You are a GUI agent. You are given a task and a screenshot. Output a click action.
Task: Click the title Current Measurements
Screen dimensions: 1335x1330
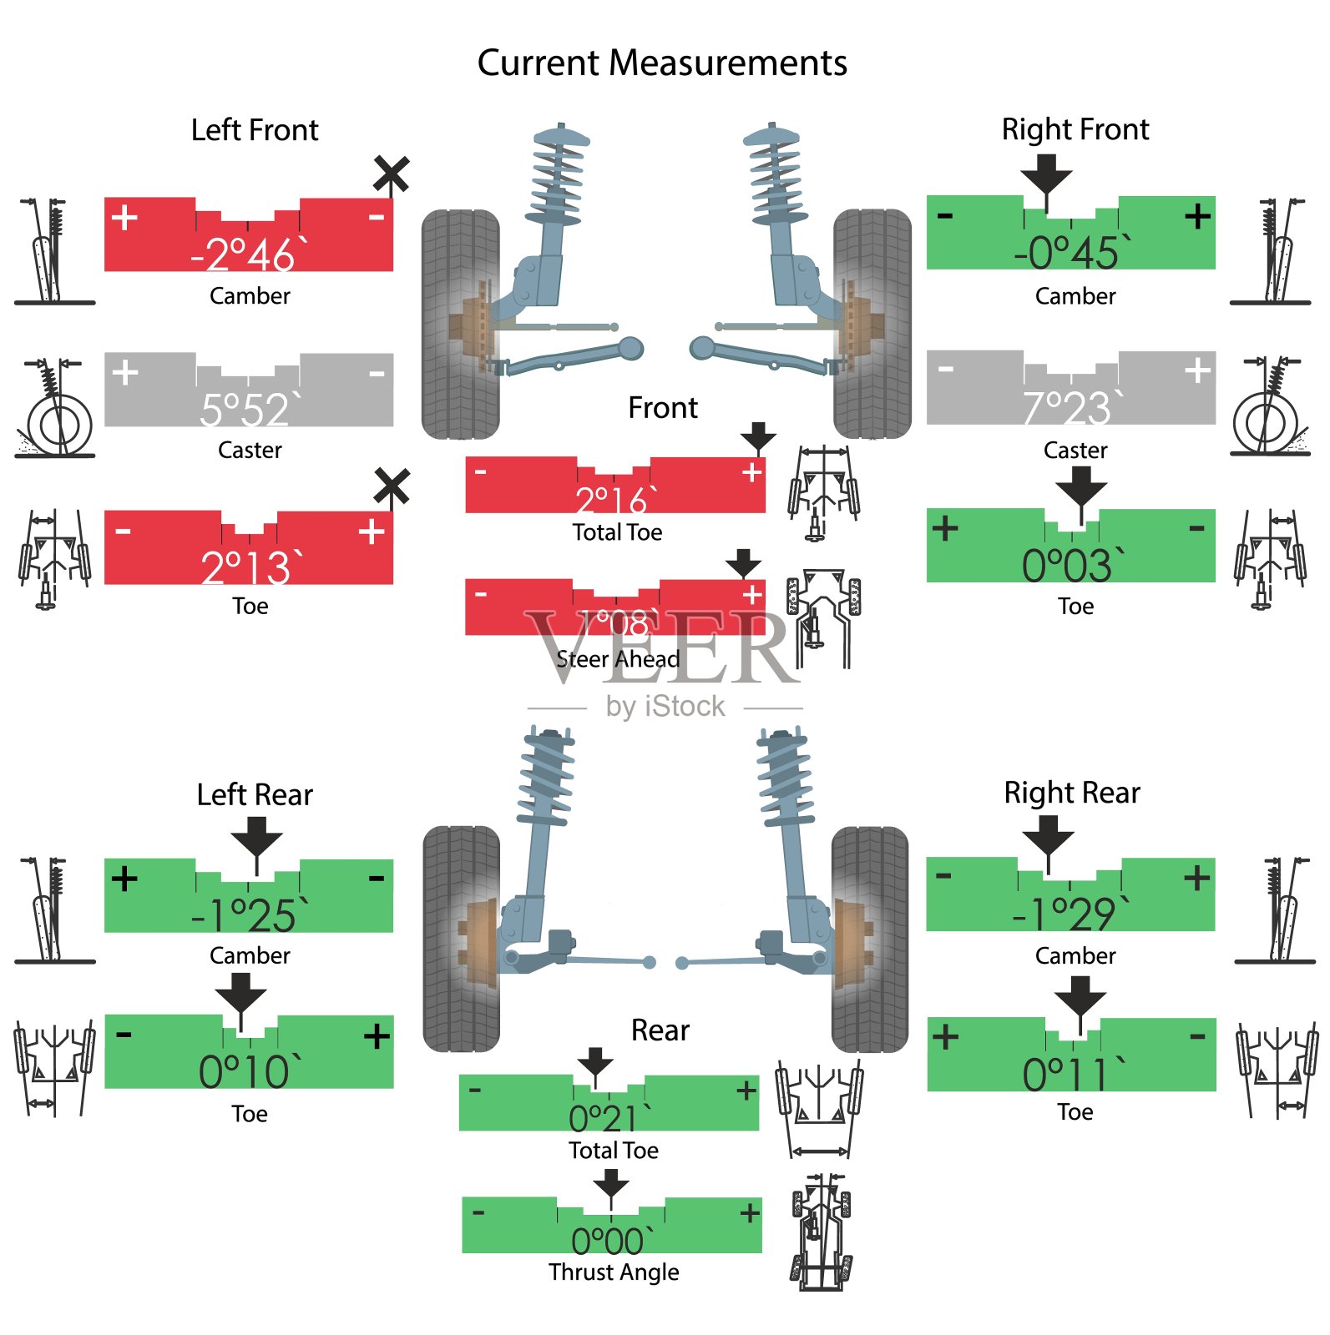(x=662, y=63)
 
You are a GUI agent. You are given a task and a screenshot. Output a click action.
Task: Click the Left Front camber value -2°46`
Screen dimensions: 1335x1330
(x=249, y=254)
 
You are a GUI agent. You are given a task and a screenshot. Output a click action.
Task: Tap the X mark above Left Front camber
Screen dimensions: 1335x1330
(x=391, y=174)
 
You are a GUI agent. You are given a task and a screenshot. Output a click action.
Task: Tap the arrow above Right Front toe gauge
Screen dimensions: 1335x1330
(x=1081, y=486)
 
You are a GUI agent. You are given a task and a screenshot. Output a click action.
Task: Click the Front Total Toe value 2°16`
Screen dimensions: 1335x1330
(x=616, y=500)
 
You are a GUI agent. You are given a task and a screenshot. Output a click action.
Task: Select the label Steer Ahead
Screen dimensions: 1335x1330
(x=618, y=659)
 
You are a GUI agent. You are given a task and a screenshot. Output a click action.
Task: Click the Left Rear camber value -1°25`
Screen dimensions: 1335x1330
(x=249, y=915)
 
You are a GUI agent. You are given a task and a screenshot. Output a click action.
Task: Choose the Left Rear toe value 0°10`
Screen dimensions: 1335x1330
(x=245, y=1071)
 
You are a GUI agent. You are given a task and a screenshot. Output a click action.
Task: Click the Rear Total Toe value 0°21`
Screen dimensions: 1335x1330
(x=610, y=1117)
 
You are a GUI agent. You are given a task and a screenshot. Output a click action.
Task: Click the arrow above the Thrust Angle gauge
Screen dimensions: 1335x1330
(x=611, y=1183)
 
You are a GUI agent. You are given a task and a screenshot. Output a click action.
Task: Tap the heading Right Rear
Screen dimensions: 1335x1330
(x=1071, y=793)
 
